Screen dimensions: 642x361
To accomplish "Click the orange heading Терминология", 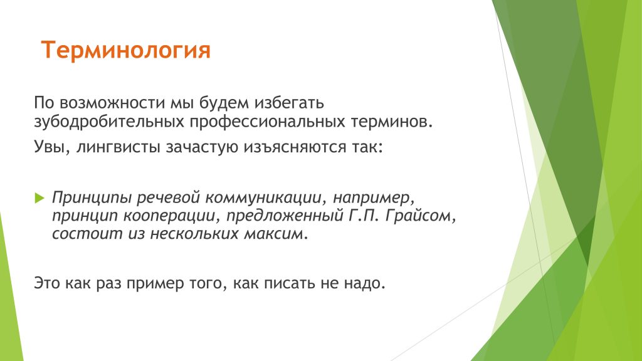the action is tap(125, 50).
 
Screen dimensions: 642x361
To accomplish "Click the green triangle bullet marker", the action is tap(39, 198).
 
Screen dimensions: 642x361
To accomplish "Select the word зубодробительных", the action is tap(109, 122).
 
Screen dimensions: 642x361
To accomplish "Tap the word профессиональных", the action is tap(267, 122).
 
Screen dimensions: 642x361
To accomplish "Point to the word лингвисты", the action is tap(118, 147).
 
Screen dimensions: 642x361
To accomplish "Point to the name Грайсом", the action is tap(420, 216).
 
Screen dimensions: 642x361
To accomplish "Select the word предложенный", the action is tap(285, 216).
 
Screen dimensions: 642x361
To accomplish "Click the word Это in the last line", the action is tap(47, 283).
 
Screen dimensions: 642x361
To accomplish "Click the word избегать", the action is tap(289, 103).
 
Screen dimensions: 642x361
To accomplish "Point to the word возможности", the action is tap(112, 103).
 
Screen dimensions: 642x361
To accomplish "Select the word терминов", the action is tap(391, 122).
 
